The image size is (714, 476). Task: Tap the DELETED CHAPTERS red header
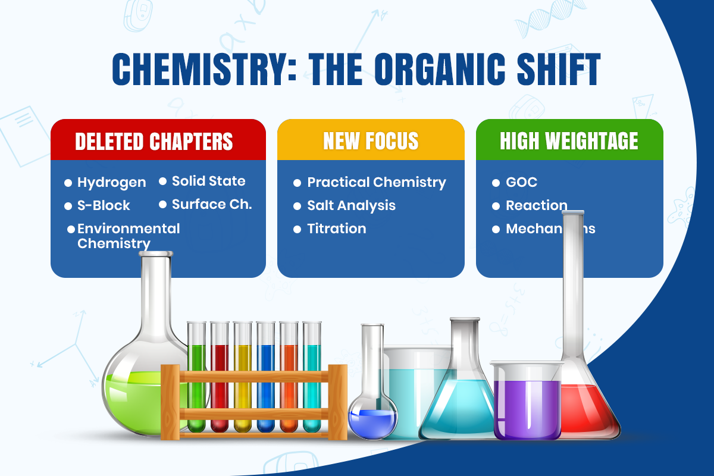pyautogui.click(x=154, y=142)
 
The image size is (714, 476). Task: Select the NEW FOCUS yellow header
pyautogui.click(x=371, y=142)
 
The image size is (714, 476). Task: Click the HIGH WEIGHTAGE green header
pyautogui.click(x=569, y=142)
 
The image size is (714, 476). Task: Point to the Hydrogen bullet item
pyautogui.click(x=111, y=183)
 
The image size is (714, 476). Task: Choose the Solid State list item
pyautogui.click(x=208, y=181)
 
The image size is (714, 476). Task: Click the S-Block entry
pyautogui.click(x=104, y=206)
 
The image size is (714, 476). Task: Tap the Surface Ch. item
pyautogui.click(x=212, y=204)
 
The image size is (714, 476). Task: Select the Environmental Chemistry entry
pyautogui.click(x=128, y=236)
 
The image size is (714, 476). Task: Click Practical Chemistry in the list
pyautogui.click(x=376, y=182)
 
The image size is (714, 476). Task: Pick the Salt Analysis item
pyautogui.click(x=351, y=205)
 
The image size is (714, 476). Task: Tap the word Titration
pyautogui.click(x=336, y=228)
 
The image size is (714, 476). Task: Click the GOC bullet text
pyautogui.click(x=521, y=183)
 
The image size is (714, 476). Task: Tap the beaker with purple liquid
pyautogui.click(x=527, y=402)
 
